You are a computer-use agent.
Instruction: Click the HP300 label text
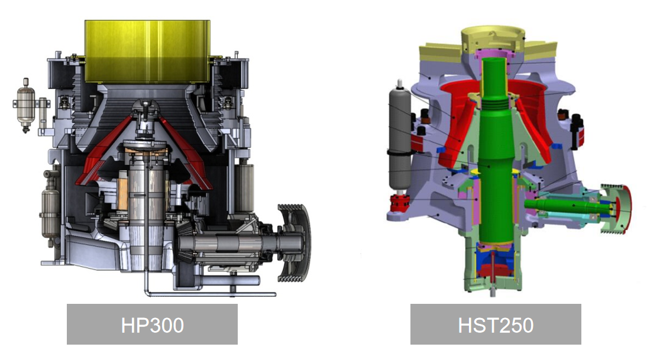(x=152, y=325)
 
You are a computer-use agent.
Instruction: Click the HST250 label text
(x=496, y=325)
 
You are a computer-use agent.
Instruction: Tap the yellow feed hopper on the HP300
(x=147, y=51)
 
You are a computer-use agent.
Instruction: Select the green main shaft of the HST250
(x=495, y=157)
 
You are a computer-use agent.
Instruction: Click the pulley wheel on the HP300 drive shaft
(x=295, y=243)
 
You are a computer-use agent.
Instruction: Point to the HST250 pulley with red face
(x=616, y=209)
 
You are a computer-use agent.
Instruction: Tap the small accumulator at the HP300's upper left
(x=25, y=105)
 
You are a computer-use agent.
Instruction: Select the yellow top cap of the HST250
(x=493, y=39)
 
